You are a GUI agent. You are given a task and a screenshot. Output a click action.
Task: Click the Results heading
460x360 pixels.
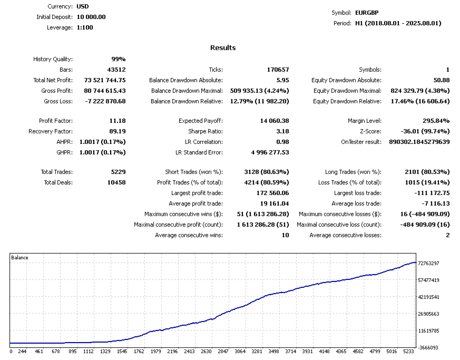pos(223,48)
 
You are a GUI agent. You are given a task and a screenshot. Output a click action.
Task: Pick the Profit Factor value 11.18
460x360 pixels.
pos(117,121)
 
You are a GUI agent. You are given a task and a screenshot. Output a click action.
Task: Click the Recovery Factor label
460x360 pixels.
pos(51,131)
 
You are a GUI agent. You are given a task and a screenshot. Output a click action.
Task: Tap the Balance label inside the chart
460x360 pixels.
pos(20,258)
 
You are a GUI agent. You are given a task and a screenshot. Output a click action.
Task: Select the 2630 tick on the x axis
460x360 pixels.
pos(207,351)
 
